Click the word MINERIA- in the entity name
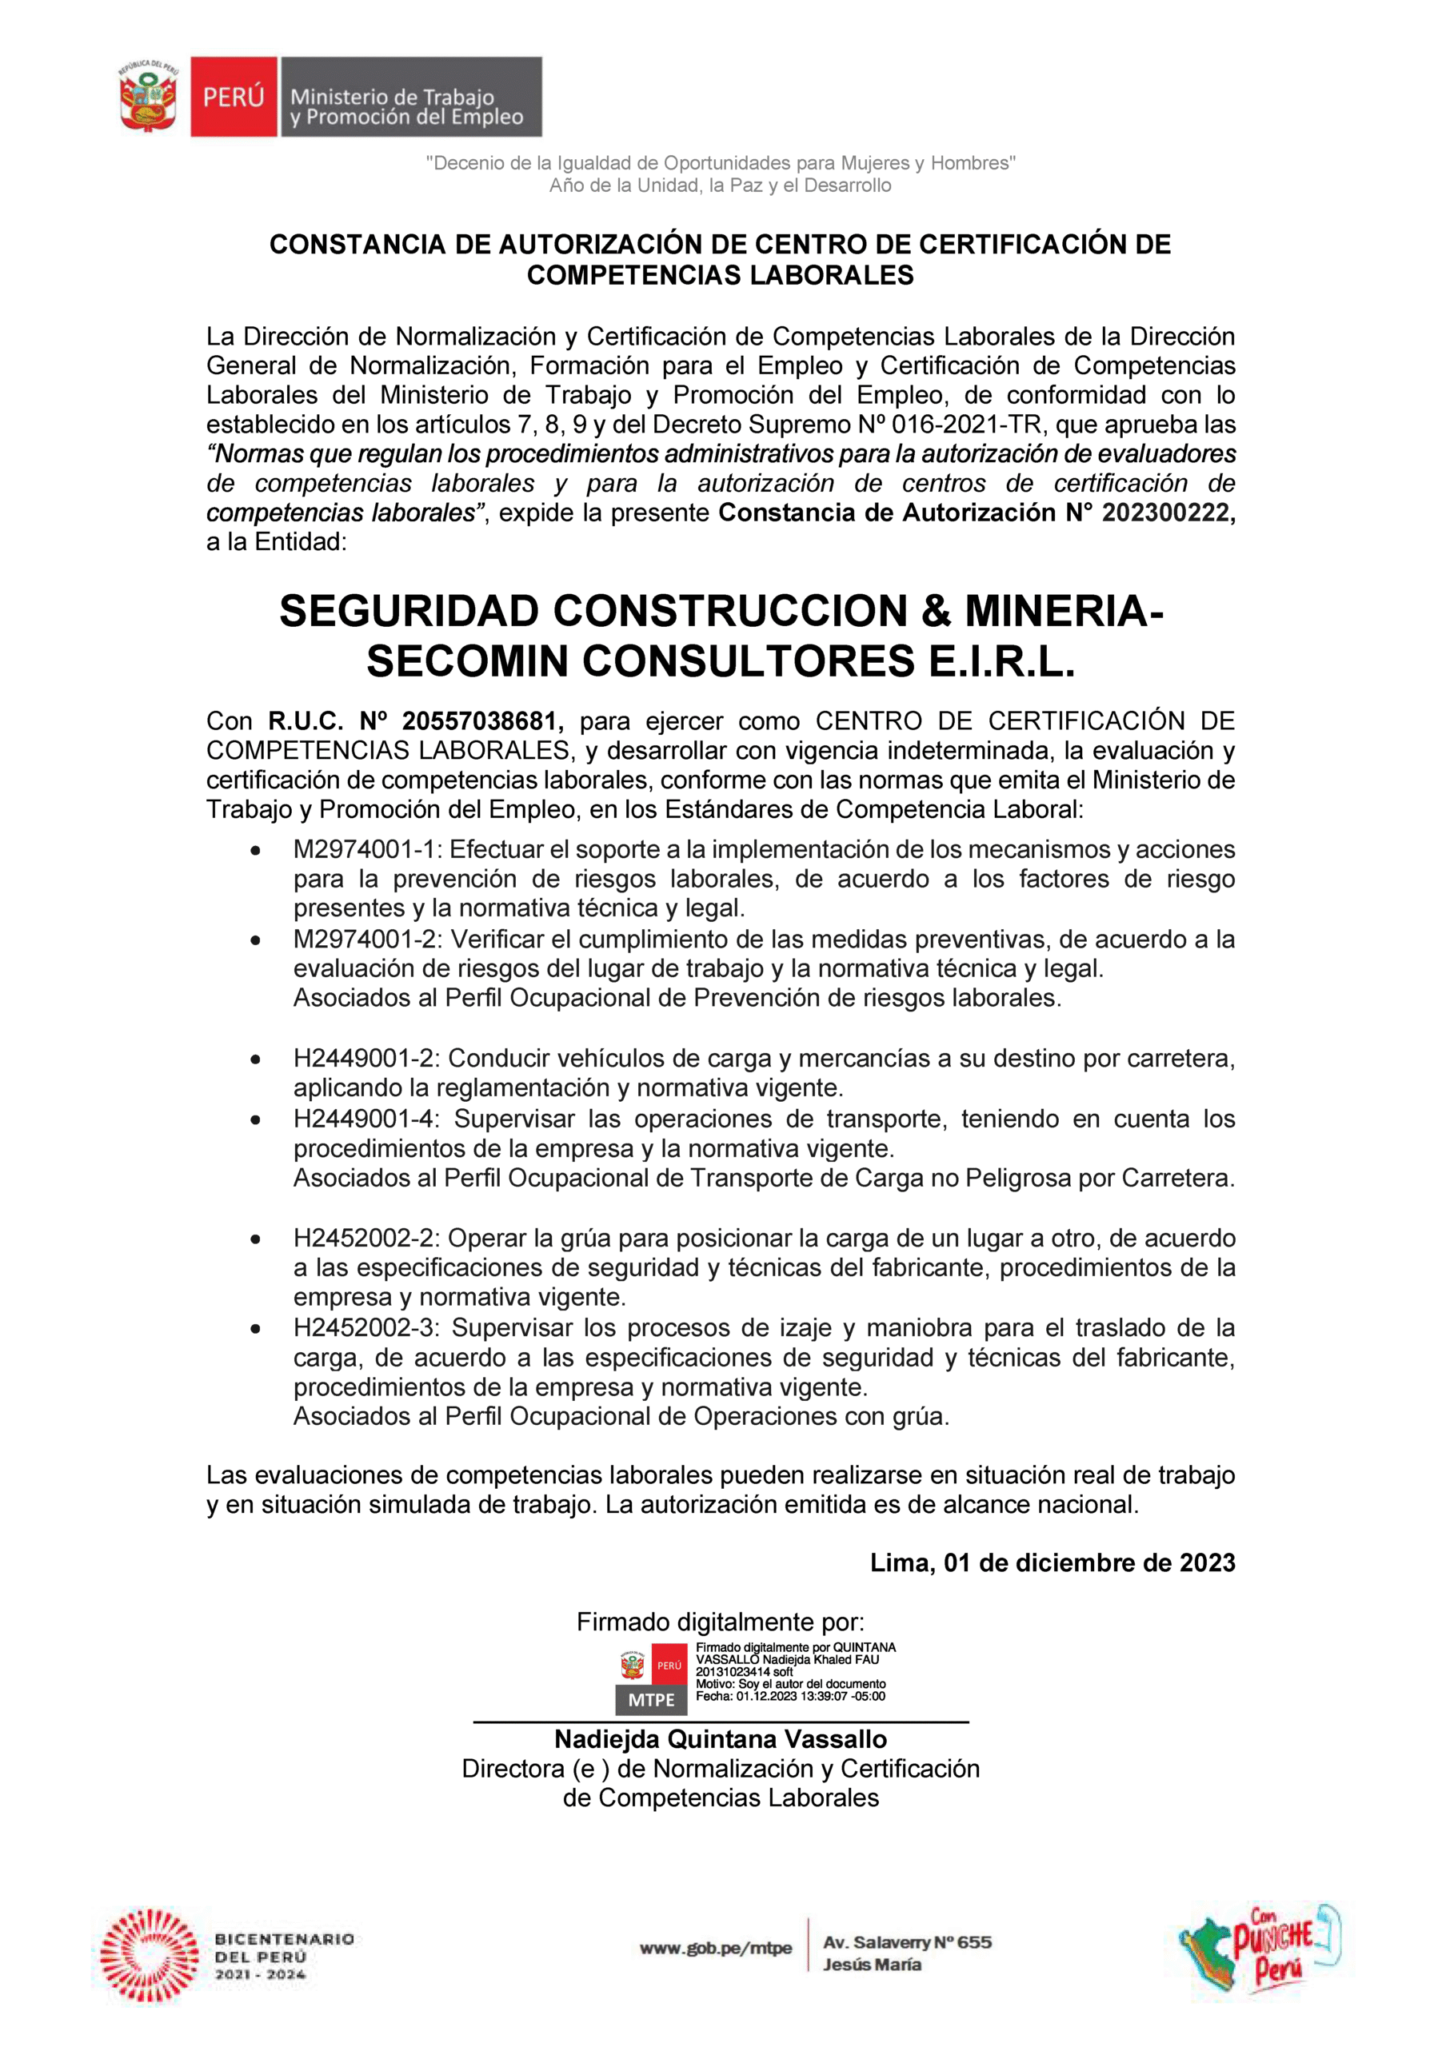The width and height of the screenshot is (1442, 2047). click(x=1064, y=612)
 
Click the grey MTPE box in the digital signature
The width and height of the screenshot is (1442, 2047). click(x=651, y=1700)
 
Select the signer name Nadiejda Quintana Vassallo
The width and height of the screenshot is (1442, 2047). click(x=721, y=1739)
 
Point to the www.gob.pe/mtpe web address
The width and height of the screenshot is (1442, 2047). click(x=715, y=1948)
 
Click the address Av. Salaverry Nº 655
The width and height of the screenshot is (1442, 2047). click(x=907, y=1943)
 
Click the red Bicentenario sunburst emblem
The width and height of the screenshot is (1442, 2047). click(x=149, y=1956)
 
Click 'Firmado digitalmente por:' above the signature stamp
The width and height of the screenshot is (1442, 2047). click(x=721, y=1622)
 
